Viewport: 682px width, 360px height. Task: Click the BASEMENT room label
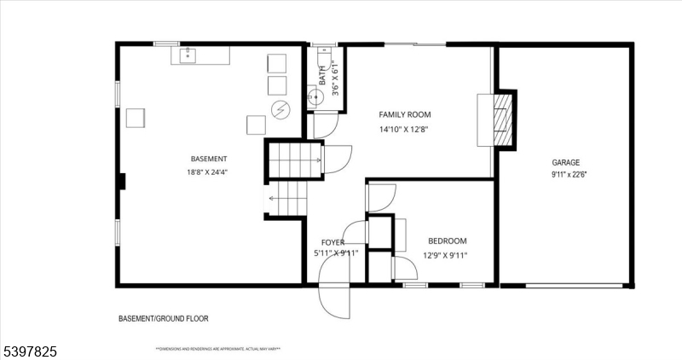[x=209, y=159]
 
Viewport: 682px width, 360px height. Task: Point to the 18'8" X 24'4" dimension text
[x=208, y=171]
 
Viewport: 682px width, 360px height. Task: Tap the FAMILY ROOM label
[x=405, y=114]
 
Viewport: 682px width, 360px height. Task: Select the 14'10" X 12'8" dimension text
[x=404, y=130]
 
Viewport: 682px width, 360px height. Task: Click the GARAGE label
[x=565, y=162]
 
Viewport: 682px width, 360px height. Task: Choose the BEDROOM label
[x=448, y=241]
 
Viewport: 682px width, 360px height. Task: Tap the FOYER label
[x=332, y=242]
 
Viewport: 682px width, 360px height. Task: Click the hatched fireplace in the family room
[x=504, y=119]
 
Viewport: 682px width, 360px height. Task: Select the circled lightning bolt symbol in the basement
[x=280, y=108]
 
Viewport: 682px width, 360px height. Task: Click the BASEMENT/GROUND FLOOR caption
[x=163, y=318]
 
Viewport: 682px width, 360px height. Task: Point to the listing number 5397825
[x=31, y=350]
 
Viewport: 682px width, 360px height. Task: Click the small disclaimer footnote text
[x=218, y=348]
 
